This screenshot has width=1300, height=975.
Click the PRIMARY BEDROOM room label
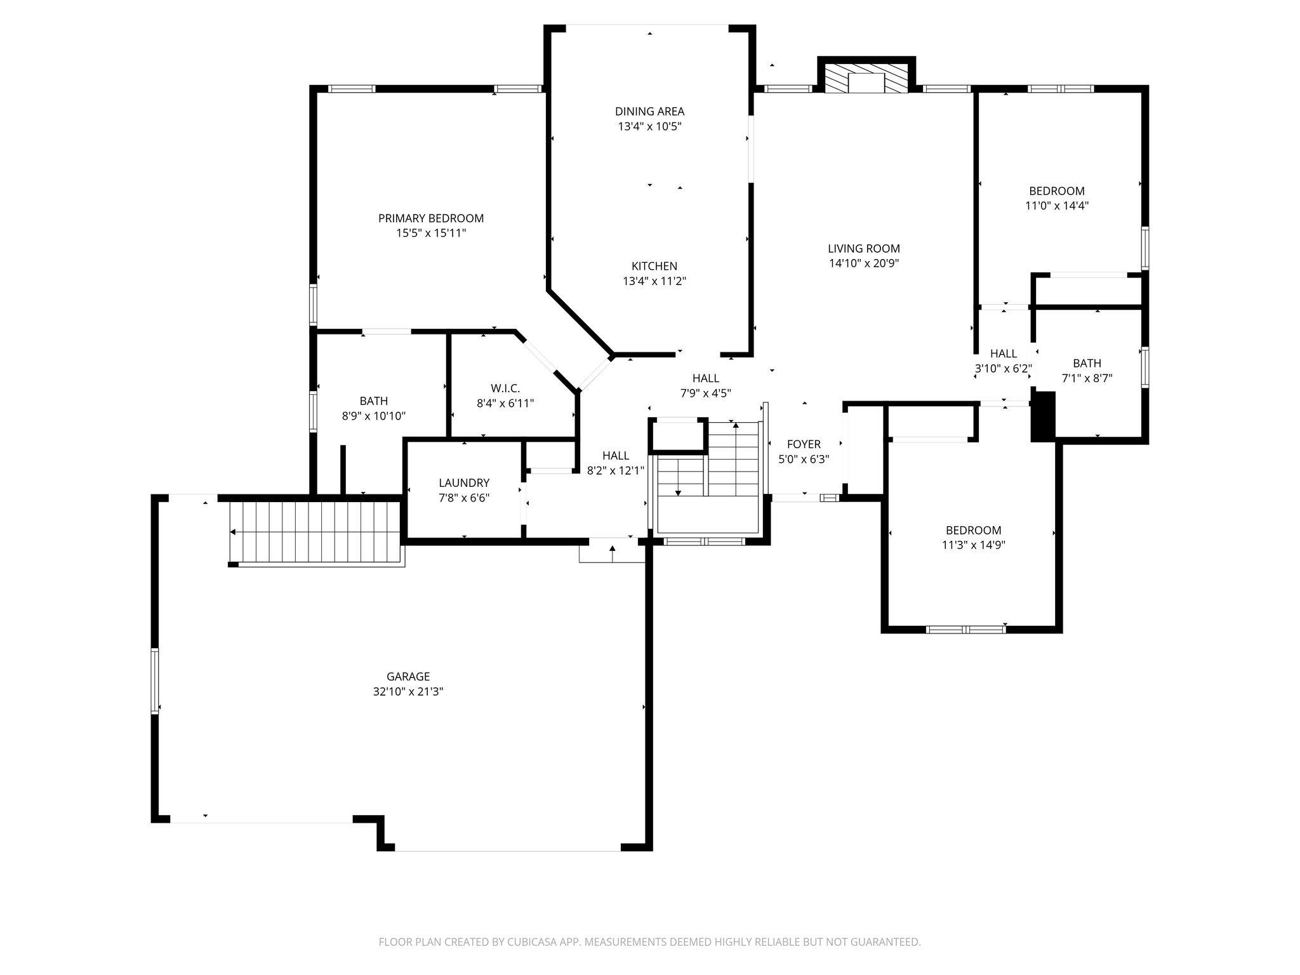point(431,218)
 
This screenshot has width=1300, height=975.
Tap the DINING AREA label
point(649,112)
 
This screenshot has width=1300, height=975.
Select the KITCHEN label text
point(654,266)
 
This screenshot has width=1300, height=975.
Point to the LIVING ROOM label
point(864,248)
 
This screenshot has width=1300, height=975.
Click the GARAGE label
point(408,677)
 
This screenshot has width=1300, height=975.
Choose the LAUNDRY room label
point(464,483)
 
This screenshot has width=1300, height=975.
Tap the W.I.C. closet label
point(505,388)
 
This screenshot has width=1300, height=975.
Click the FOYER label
point(804,444)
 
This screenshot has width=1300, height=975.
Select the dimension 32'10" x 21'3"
point(408,692)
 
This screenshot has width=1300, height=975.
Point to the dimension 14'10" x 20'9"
point(864,263)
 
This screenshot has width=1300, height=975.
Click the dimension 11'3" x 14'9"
point(974,545)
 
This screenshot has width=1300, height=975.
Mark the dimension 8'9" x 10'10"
point(374,416)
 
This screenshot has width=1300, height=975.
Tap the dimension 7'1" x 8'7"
point(1087,378)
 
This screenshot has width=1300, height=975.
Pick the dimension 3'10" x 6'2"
point(1004,368)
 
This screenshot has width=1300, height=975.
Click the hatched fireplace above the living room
point(866,77)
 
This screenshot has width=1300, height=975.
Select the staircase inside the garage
point(317,532)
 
